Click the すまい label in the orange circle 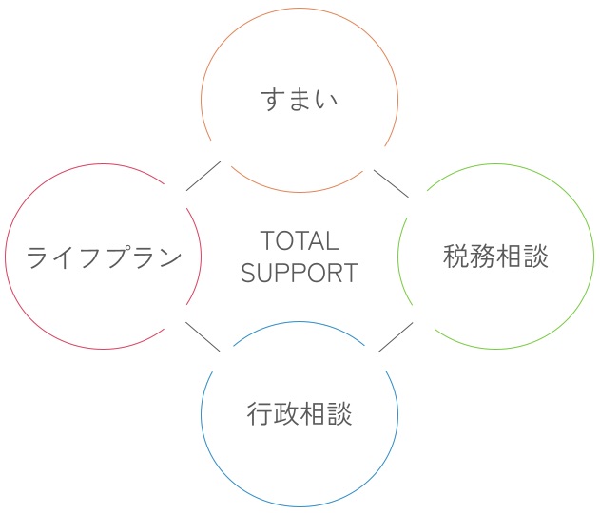pos(300,100)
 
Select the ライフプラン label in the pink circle pos(104,256)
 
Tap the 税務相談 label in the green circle pos(495,256)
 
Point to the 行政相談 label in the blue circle pos(300,413)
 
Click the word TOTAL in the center pos(300,241)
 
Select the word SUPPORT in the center pos(300,273)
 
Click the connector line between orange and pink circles pos(203,176)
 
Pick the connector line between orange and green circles pos(391,184)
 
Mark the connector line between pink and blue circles pos(203,336)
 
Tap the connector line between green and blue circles pos(396,337)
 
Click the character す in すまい pos(273,100)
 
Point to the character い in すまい pos(326,100)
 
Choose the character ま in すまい pos(300,100)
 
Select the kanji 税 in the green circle pos(456,256)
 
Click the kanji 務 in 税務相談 pos(482,256)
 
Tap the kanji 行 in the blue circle pos(260,413)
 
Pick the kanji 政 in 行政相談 pos(286,413)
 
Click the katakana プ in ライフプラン pos(117,256)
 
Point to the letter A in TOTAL pos(315,241)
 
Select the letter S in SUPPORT pos(248,273)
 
